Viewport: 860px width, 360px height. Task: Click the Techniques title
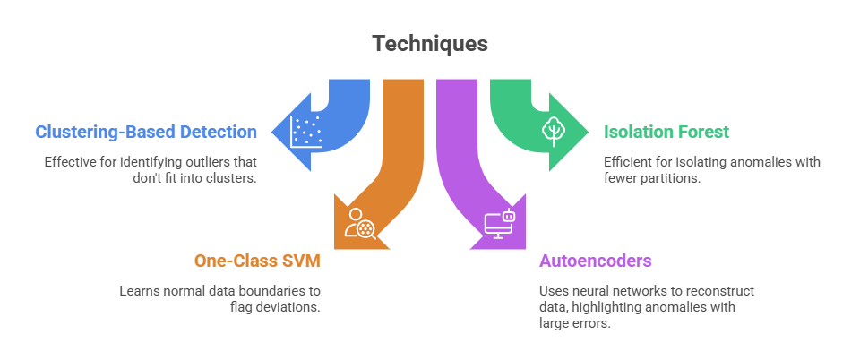coord(430,43)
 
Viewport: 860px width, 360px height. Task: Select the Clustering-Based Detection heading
coord(146,133)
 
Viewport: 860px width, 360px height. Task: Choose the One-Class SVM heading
coord(257,261)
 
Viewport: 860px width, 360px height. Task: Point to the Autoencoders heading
coord(595,261)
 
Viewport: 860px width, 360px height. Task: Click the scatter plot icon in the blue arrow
coord(307,132)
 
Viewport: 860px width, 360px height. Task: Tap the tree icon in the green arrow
coord(553,131)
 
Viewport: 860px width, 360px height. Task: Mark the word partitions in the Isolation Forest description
coord(677,178)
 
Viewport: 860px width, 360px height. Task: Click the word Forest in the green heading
coord(704,133)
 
